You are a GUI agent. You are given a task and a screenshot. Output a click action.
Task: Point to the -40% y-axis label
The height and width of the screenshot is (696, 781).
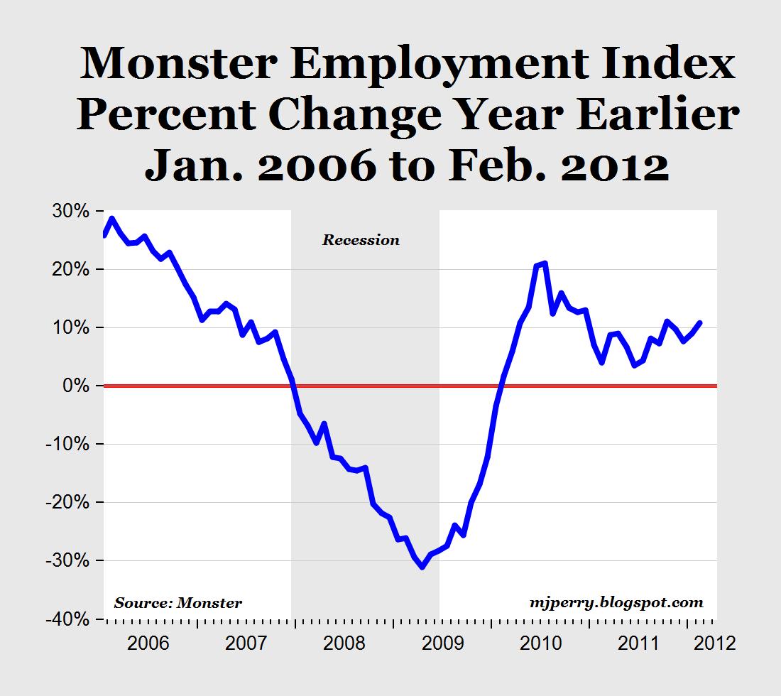click(70, 619)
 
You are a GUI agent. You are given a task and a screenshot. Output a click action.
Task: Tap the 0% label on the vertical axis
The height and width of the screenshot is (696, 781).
click(77, 386)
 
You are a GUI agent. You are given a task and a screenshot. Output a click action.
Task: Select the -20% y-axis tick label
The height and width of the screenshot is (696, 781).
click(70, 502)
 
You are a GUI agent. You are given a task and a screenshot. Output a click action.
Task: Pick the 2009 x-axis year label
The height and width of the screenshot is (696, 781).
click(441, 643)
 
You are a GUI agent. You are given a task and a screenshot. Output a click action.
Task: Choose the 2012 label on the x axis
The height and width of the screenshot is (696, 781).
click(712, 643)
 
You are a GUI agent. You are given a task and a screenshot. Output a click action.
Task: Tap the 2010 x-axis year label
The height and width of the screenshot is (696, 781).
click(540, 643)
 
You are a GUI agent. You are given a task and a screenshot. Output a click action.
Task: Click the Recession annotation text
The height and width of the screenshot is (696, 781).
click(361, 240)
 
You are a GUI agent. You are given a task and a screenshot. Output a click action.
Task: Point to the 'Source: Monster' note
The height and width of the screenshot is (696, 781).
click(177, 603)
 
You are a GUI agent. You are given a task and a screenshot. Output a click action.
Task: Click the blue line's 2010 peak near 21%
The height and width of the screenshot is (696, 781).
click(545, 263)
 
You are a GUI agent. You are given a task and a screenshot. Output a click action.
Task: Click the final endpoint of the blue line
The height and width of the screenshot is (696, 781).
click(701, 322)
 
